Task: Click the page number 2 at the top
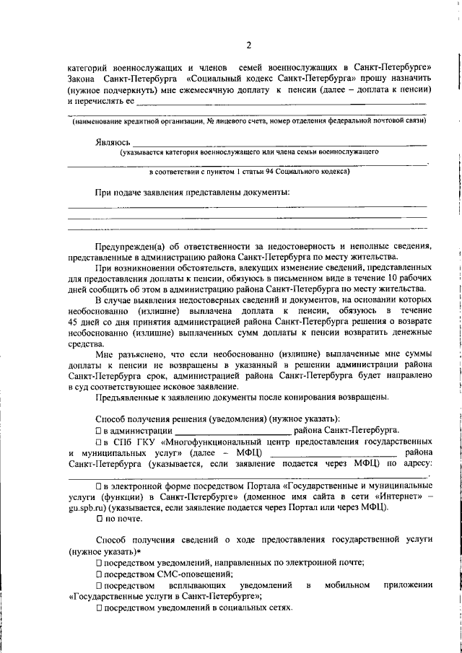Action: tap(248, 46)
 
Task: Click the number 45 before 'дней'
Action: tap(73, 321)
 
